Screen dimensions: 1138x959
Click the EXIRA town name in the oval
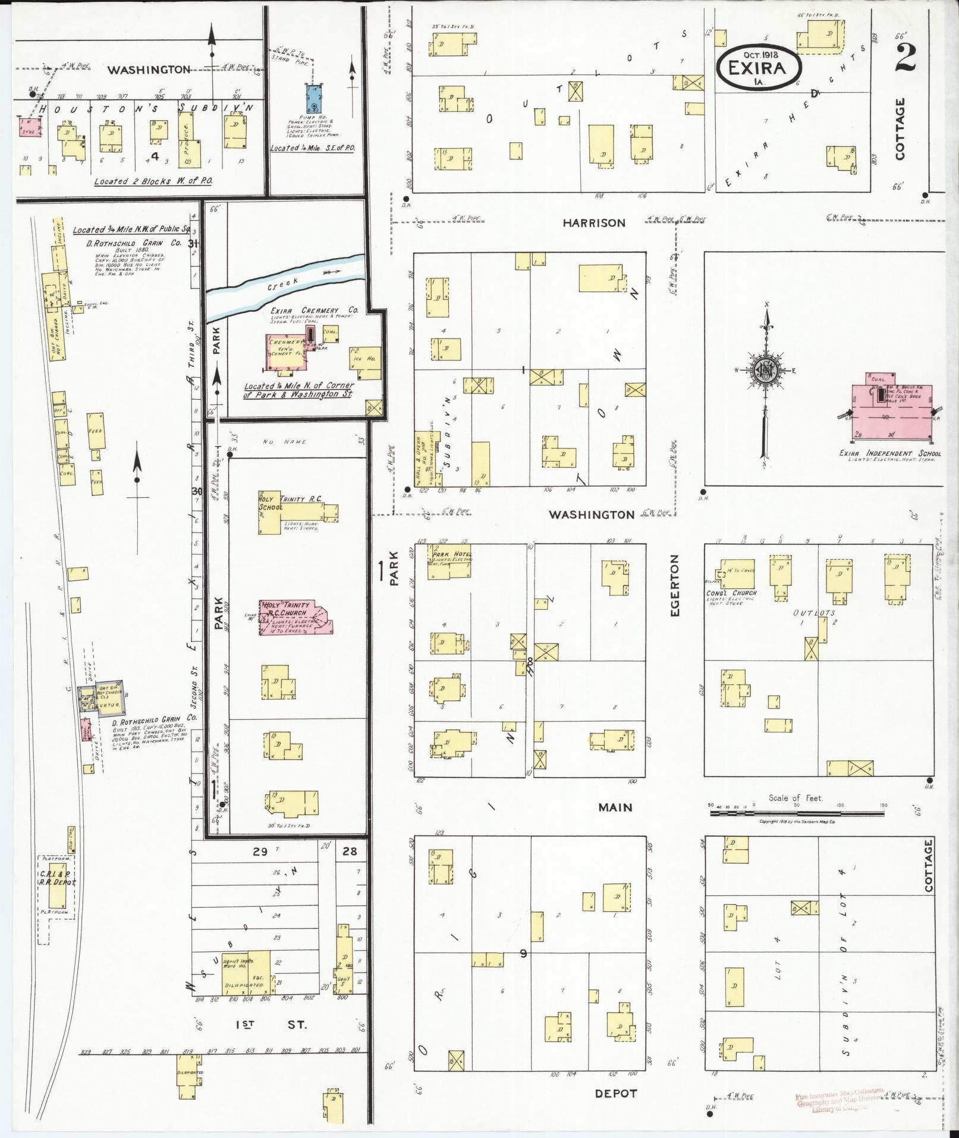tap(759, 67)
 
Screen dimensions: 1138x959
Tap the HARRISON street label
tap(594, 223)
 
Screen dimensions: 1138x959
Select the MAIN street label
tap(615, 807)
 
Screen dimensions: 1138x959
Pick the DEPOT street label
tap(615, 1093)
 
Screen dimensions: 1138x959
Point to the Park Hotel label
tap(452, 554)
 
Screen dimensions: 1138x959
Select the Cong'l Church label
tap(731, 593)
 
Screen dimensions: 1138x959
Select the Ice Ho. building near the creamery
tap(366, 363)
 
